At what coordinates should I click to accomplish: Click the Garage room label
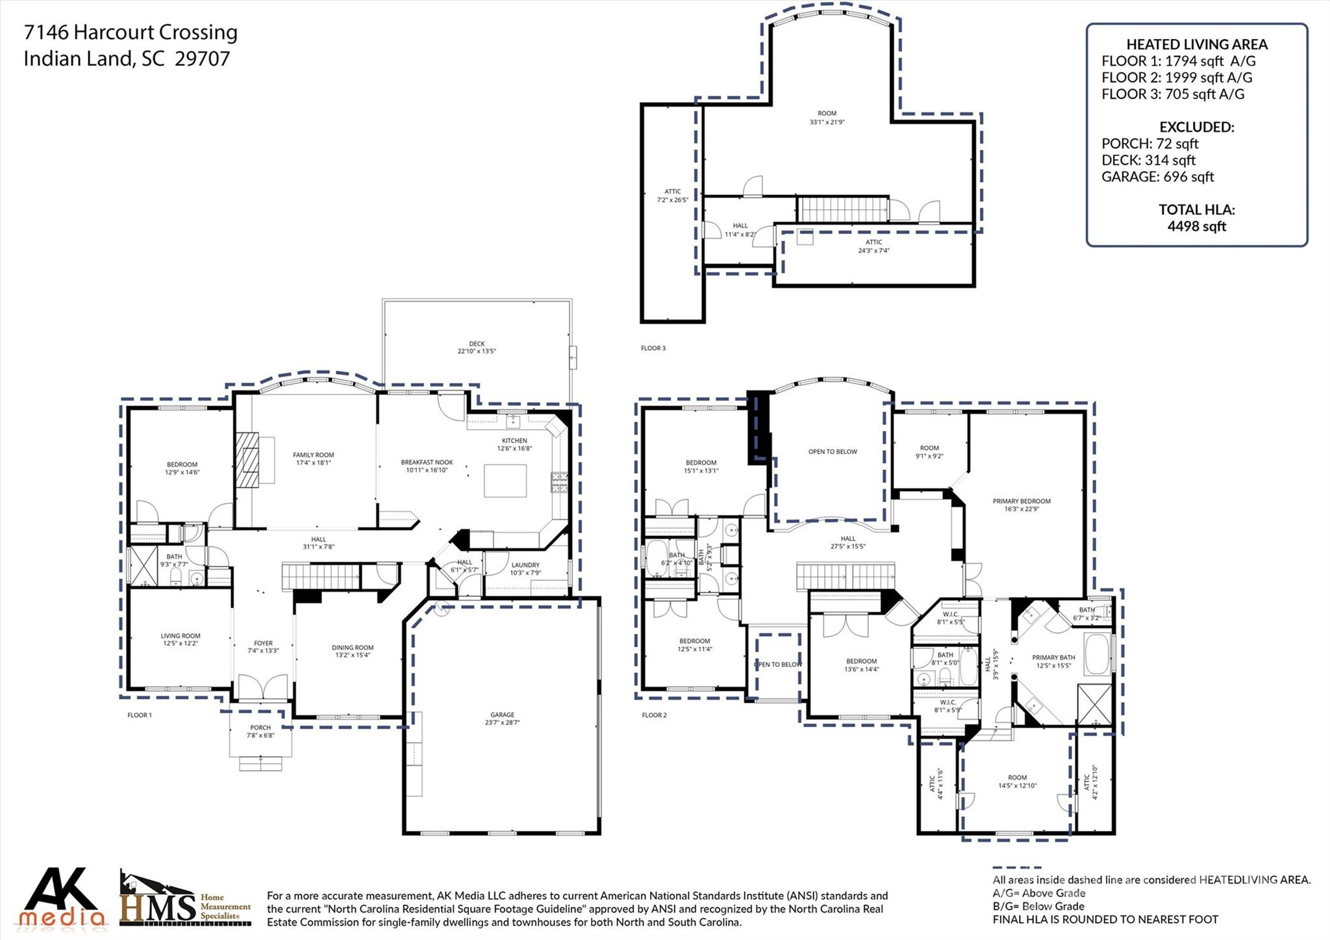502,718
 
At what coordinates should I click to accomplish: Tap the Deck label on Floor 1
477,348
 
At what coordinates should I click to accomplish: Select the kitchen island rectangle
505,481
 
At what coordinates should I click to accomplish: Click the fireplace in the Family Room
247,459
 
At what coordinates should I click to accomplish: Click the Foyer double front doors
263,687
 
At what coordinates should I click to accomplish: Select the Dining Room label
352,651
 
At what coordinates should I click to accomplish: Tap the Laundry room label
525,568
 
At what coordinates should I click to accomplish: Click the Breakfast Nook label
427,466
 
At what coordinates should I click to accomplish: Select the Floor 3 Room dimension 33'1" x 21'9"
827,122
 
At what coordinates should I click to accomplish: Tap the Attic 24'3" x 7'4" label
873,246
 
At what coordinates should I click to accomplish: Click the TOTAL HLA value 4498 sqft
1196,226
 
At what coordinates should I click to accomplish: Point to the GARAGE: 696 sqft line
1157,177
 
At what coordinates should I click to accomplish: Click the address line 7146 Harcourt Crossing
131,32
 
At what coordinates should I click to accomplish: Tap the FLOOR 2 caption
654,715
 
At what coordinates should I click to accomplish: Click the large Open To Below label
832,451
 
